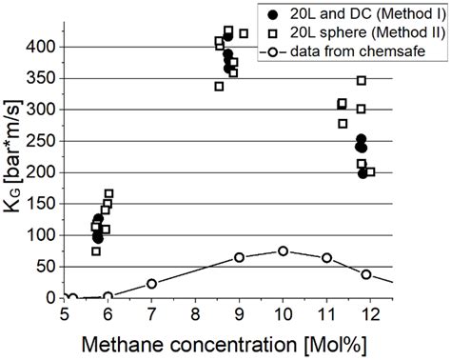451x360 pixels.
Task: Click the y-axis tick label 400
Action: coord(44,47)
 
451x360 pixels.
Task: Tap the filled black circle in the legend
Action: coord(272,15)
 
